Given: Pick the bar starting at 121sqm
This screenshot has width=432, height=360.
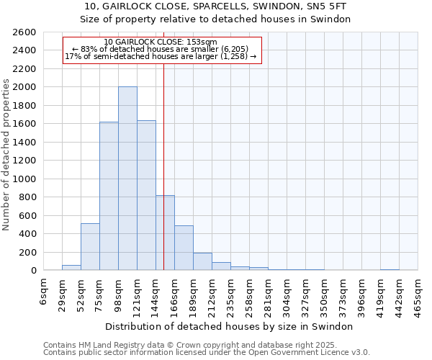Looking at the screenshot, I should tap(146, 195).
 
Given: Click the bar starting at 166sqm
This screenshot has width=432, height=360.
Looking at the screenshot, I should tap(184, 248).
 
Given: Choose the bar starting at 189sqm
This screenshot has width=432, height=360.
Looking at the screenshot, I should tap(202, 261).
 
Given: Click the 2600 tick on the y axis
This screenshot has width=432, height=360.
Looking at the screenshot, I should tap(24, 32).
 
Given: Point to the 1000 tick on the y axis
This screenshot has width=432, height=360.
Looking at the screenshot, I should tap(24, 179).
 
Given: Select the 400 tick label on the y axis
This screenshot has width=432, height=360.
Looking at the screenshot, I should tap(27, 234).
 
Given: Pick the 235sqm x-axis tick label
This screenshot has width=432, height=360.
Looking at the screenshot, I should tap(230, 296).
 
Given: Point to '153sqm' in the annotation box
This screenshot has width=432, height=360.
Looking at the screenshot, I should tap(201, 42).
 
